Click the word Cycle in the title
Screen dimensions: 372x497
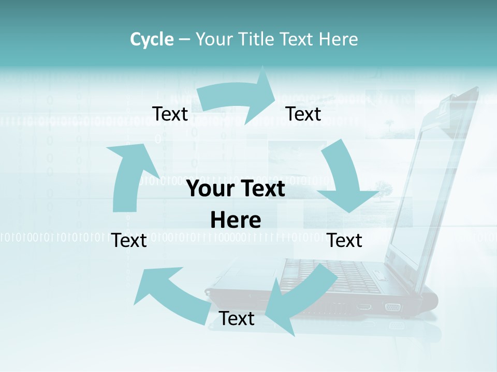(152, 39)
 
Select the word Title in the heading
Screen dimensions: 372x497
(259, 39)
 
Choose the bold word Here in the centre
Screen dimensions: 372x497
(236, 221)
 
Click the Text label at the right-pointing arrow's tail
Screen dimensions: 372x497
(170, 114)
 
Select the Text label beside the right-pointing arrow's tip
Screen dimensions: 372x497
(303, 114)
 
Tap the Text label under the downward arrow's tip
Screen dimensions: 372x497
(345, 240)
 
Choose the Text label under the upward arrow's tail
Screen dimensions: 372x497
(129, 240)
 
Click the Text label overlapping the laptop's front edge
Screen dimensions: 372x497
(237, 319)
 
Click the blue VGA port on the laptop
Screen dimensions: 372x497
(392, 307)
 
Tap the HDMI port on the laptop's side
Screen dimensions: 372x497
(364, 307)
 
